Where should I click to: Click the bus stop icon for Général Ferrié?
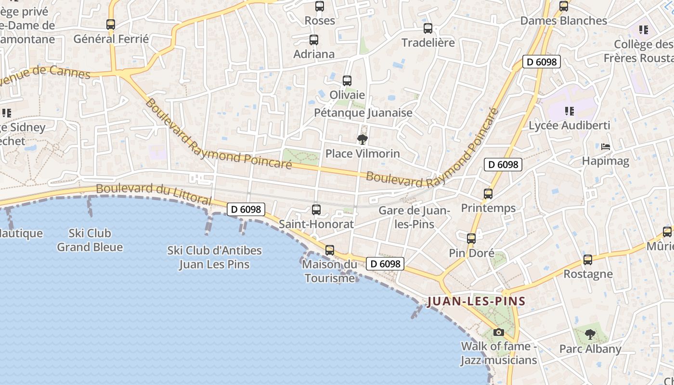pos(111,24)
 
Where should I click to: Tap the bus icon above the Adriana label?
pos(314,40)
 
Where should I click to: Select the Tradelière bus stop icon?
pos(428,28)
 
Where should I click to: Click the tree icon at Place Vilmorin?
pos(363,140)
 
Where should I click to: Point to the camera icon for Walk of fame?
pos(499,332)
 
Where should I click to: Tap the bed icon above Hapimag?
pos(606,146)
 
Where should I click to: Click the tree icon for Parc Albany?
pos(590,334)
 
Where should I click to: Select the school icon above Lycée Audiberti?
pos(570,111)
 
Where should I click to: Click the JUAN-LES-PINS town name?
pos(476,302)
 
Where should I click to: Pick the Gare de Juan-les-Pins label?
pos(414,218)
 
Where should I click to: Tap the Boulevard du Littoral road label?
pos(154,193)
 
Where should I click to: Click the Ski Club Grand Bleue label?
pos(90,240)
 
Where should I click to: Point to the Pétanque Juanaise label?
pos(363,113)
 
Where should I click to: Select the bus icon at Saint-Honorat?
pos(316,210)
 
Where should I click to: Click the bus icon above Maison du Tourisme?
pos(330,250)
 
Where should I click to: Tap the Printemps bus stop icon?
pos(488,194)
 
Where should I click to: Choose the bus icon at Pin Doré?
pos(471,239)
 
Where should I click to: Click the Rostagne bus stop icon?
pos(588,260)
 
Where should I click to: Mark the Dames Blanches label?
pos(564,21)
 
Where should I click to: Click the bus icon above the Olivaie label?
pos(347,81)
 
